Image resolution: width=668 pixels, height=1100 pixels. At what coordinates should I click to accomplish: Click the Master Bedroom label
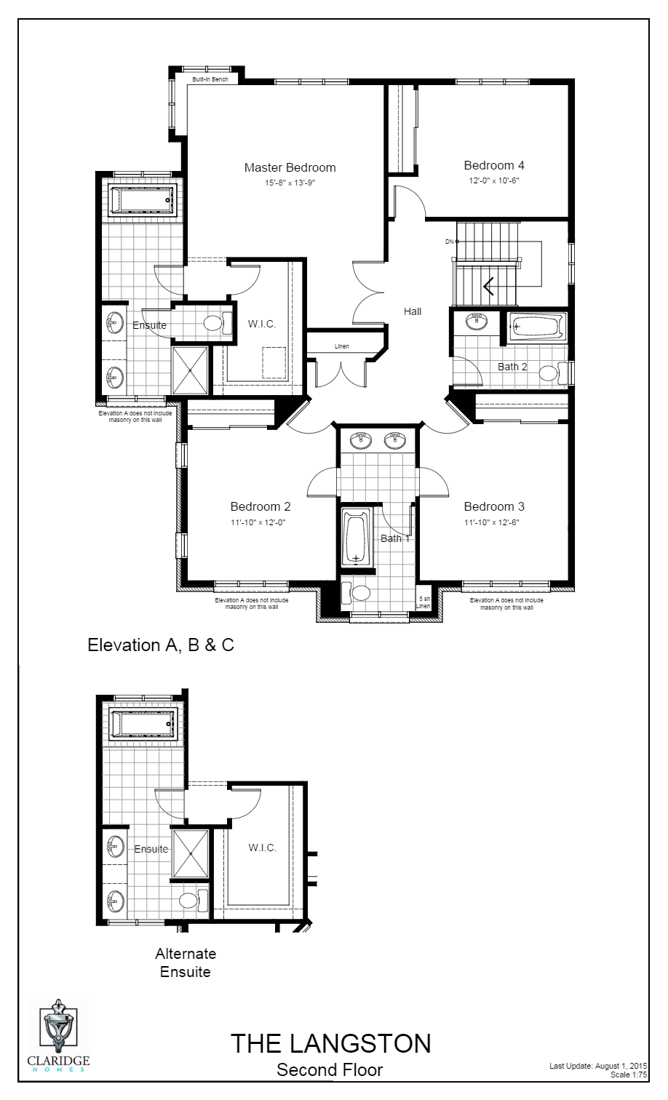pyautogui.click(x=290, y=168)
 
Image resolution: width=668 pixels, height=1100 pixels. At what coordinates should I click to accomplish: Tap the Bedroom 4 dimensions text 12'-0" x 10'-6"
pyautogui.click(x=493, y=180)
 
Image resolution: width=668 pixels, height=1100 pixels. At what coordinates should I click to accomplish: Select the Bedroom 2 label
pyautogui.click(x=261, y=507)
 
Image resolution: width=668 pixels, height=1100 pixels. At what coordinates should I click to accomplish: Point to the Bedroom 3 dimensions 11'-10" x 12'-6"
pyautogui.click(x=493, y=522)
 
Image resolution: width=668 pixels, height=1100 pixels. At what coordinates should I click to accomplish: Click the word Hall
pyautogui.click(x=413, y=311)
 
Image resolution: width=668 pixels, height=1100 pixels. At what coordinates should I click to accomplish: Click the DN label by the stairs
pyautogui.click(x=449, y=241)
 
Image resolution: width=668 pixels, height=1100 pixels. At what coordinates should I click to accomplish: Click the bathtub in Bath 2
pyautogui.click(x=537, y=327)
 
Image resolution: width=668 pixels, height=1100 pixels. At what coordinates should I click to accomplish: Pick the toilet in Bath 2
pyautogui.click(x=550, y=374)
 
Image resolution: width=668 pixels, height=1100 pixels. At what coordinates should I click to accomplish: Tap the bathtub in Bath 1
pyautogui.click(x=356, y=537)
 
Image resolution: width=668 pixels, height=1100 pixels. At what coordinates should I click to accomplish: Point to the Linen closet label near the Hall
pyautogui.click(x=342, y=346)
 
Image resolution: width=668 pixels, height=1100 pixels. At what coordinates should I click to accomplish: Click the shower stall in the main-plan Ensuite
pyautogui.click(x=190, y=370)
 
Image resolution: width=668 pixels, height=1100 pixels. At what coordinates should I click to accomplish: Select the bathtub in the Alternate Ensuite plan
pyautogui.click(x=143, y=725)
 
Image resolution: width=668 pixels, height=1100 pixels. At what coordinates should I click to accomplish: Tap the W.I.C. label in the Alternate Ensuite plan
pyautogui.click(x=262, y=848)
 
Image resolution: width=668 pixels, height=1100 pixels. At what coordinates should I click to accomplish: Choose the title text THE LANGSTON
pyautogui.click(x=330, y=1044)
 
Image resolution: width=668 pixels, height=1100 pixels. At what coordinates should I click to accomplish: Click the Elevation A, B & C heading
pyautogui.click(x=161, y=645)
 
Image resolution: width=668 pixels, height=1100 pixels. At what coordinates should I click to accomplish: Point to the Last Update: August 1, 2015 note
pyautogui.click(x=598, y=1066)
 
